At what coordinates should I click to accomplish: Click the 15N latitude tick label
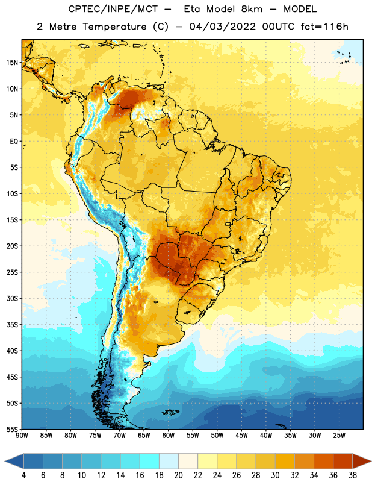12,63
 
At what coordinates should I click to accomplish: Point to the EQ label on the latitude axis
14,142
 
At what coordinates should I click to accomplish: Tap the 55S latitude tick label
12,429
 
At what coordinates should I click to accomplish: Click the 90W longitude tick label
22,436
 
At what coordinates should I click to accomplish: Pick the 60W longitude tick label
169,436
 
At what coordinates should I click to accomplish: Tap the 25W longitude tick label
339,436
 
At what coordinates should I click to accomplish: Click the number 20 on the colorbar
178,475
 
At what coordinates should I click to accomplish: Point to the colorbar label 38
353,475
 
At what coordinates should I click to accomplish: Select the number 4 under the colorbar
23,475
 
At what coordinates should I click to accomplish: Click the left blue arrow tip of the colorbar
5,461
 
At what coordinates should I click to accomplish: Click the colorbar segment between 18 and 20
169,461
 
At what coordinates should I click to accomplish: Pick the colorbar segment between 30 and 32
285,461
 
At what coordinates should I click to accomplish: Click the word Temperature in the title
114,27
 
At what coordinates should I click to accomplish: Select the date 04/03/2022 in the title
222,27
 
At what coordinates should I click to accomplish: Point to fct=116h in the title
324,27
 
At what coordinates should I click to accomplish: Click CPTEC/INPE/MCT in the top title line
113,9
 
